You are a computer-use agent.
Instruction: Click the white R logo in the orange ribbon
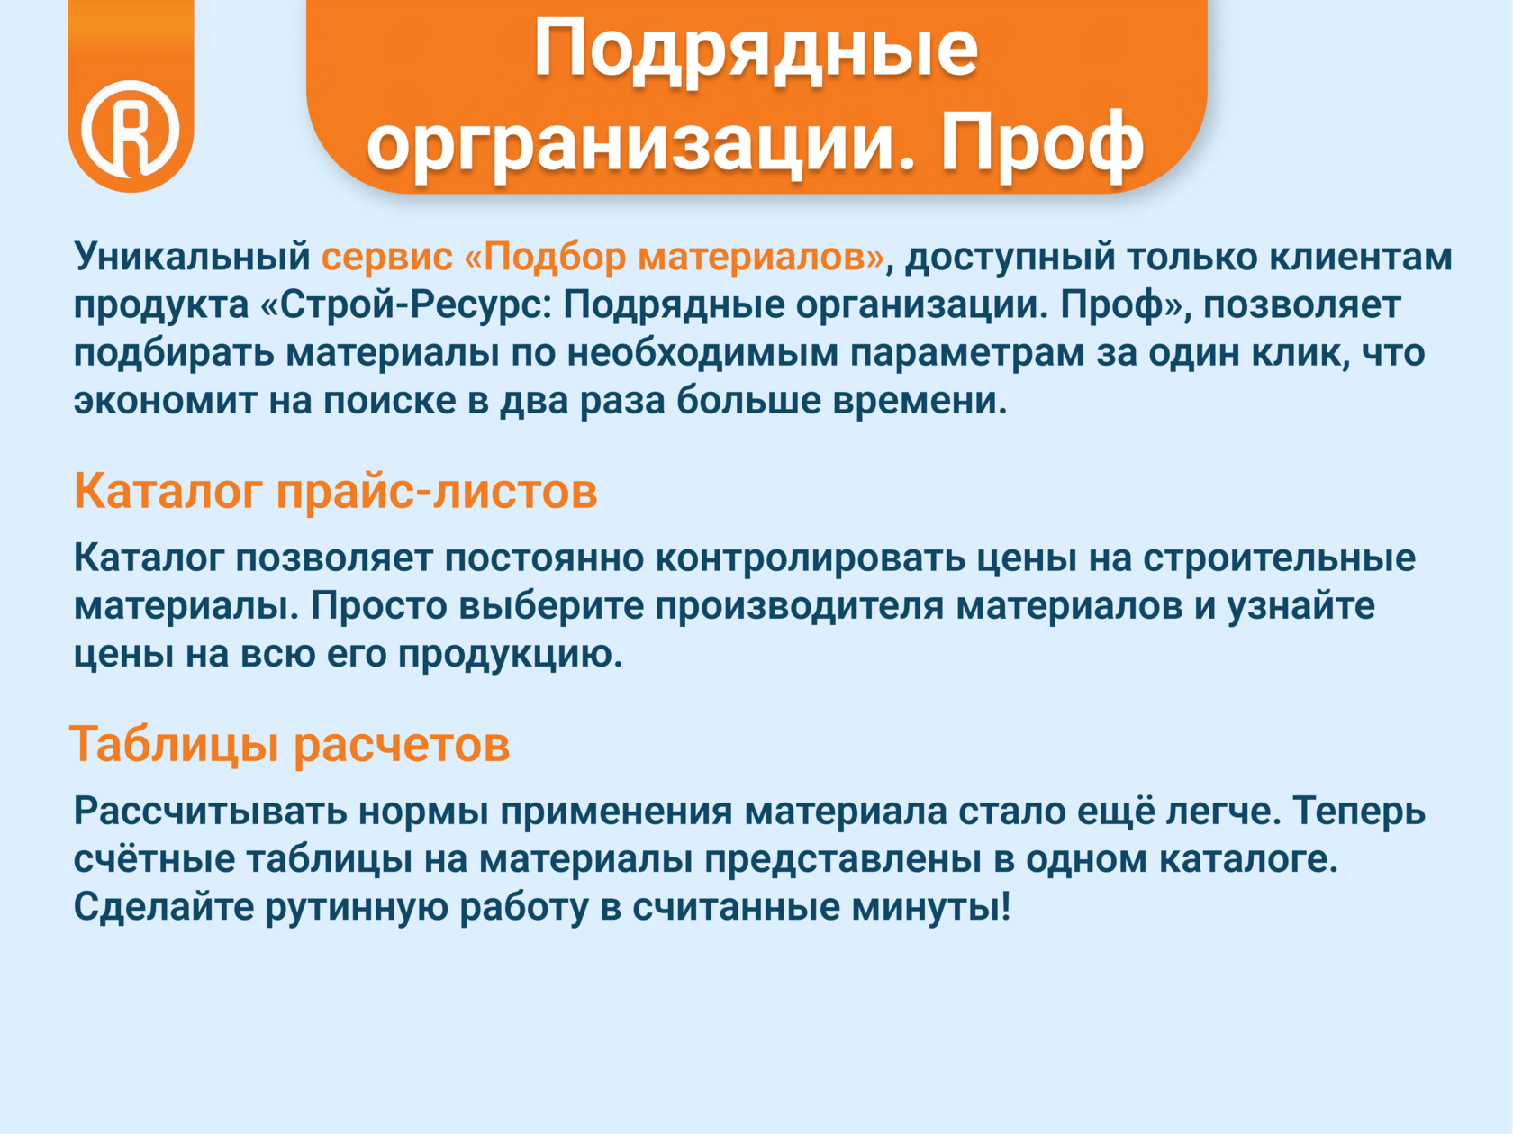click(x=131, y=128)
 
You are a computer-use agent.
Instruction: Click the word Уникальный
click(x=193, y=257)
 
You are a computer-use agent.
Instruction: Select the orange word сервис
click(x=387, y=258)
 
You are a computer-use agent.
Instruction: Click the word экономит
click(x=166, y=402)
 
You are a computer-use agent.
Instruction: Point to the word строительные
click(x=1280, y=559)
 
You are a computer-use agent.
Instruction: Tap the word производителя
click(x=799, y=607)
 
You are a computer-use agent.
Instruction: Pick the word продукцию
click(x=510, y=656)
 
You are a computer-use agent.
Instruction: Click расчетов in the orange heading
click(x=402, y=746)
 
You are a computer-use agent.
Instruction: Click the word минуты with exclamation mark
click(x=931, y=907)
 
